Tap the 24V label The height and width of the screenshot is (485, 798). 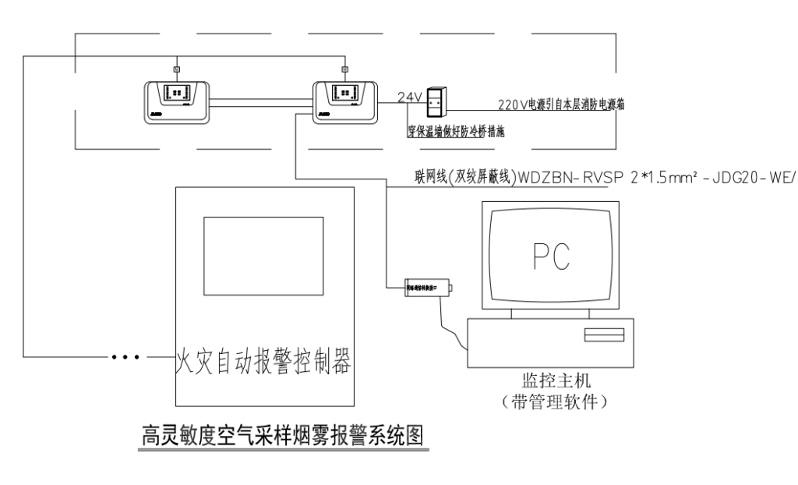(x=410, y=97)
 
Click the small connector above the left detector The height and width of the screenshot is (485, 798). (x=177, y=70)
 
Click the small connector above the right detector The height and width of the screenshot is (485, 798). (x=344, y=70)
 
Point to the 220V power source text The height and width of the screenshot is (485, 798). (x=560, y=103)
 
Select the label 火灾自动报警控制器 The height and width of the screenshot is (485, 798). (x=261, y=360)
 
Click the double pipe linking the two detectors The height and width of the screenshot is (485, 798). (x=261, y=100)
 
